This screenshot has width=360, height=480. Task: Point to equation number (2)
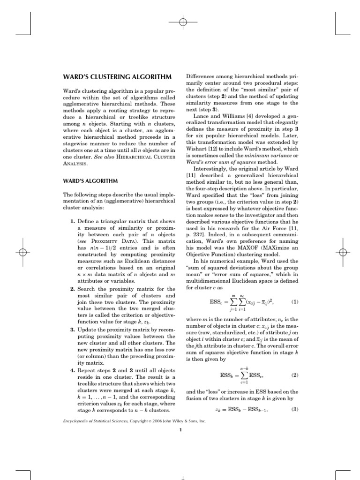point(294,375)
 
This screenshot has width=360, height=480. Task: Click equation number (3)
point(294,409)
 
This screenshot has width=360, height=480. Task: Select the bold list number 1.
point(72,221)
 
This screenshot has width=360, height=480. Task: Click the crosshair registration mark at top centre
point(183,22)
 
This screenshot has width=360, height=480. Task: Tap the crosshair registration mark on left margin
point(22,252)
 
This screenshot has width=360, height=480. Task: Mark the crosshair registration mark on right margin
point(343,252)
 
